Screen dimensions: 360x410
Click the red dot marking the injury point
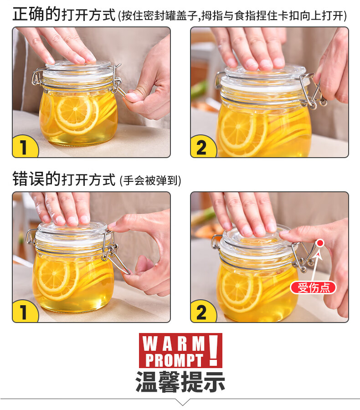click(320, 243)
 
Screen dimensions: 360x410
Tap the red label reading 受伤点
click(313, 287)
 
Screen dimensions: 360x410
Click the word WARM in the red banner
click(174, 343)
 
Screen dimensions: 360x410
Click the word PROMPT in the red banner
click(174, 360)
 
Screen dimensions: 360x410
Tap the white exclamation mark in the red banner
click(214, 350)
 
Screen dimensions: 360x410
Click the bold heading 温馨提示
click(180, 382)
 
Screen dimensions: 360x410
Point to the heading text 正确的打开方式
click(64, 15)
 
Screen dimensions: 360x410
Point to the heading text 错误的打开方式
click(64, 179)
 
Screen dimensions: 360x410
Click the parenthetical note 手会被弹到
click(150, 181)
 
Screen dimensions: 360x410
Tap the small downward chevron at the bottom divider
click(182, 402)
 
